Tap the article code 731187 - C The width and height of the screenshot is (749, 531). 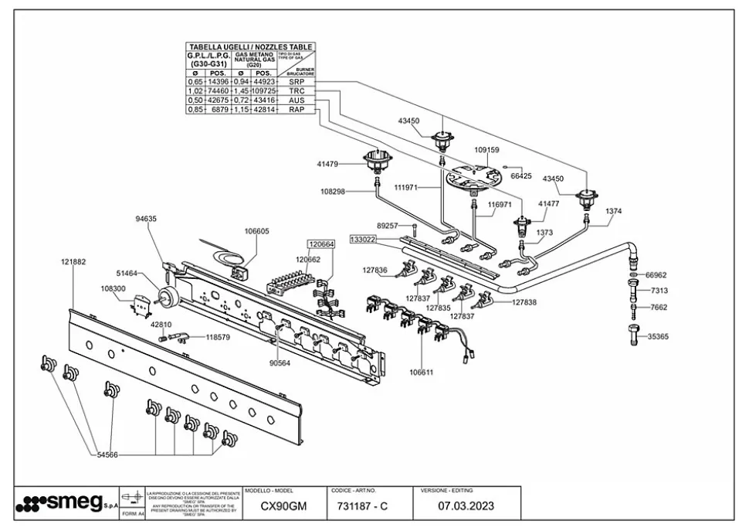[x=362, y=507]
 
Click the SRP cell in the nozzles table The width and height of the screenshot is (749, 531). [x=297, y=81]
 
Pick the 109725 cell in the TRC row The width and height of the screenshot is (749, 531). [x=264, y=91]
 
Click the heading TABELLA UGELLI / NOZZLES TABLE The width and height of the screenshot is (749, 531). [x=251, y=47]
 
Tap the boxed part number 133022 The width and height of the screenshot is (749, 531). [x=362, y=240]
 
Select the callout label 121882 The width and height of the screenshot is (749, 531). [x=73, y=262]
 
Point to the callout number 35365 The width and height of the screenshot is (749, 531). [x=657, y=336]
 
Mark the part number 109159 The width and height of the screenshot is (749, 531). [x=486, y=150]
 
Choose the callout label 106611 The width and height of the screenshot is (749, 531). [x=421, y=372]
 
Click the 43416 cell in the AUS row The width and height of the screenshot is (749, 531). [x=264, y=100]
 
